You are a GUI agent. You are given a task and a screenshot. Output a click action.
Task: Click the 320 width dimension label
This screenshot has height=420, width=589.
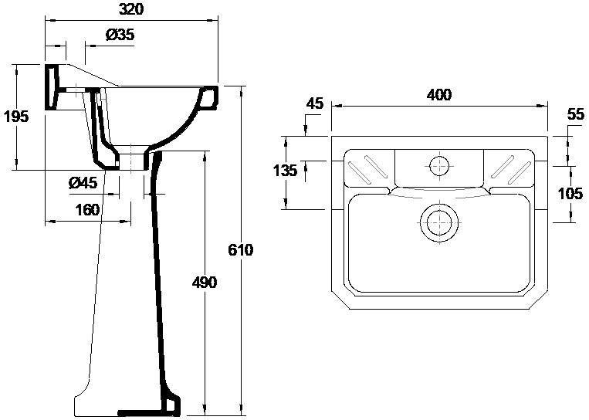pos(131,9)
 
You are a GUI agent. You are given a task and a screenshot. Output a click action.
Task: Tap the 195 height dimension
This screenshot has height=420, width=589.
pos(15,117)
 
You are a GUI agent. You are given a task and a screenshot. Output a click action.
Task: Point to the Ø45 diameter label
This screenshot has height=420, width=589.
pos(83,183)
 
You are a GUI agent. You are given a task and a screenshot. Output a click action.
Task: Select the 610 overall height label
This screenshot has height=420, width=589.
pos(242,251)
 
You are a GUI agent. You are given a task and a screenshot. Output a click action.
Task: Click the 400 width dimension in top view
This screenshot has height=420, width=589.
pos(438,95)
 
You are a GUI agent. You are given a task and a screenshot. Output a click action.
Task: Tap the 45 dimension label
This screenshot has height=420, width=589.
pos(313,103)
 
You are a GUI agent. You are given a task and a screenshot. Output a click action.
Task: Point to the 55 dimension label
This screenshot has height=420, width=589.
pos(575,113)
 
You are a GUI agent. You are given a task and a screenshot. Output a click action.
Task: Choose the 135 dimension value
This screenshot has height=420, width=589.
pos(285,171)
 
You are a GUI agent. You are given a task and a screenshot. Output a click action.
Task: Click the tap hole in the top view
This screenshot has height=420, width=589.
pos(438,164)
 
